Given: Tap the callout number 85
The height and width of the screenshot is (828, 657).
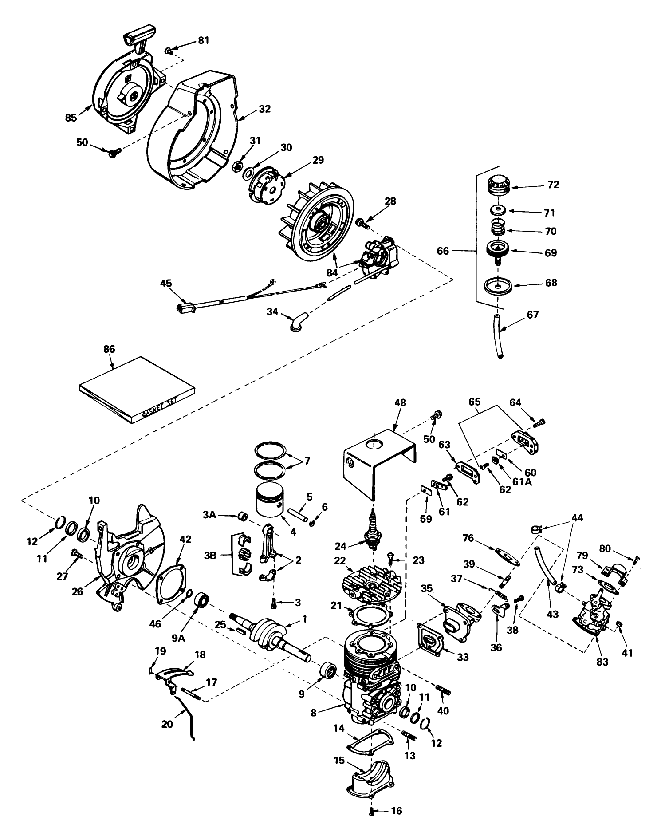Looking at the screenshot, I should pos(71,118).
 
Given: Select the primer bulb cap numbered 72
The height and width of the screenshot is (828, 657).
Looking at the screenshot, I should pos(500,185).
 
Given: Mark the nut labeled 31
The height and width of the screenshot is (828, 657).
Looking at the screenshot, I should pos(237,167).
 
